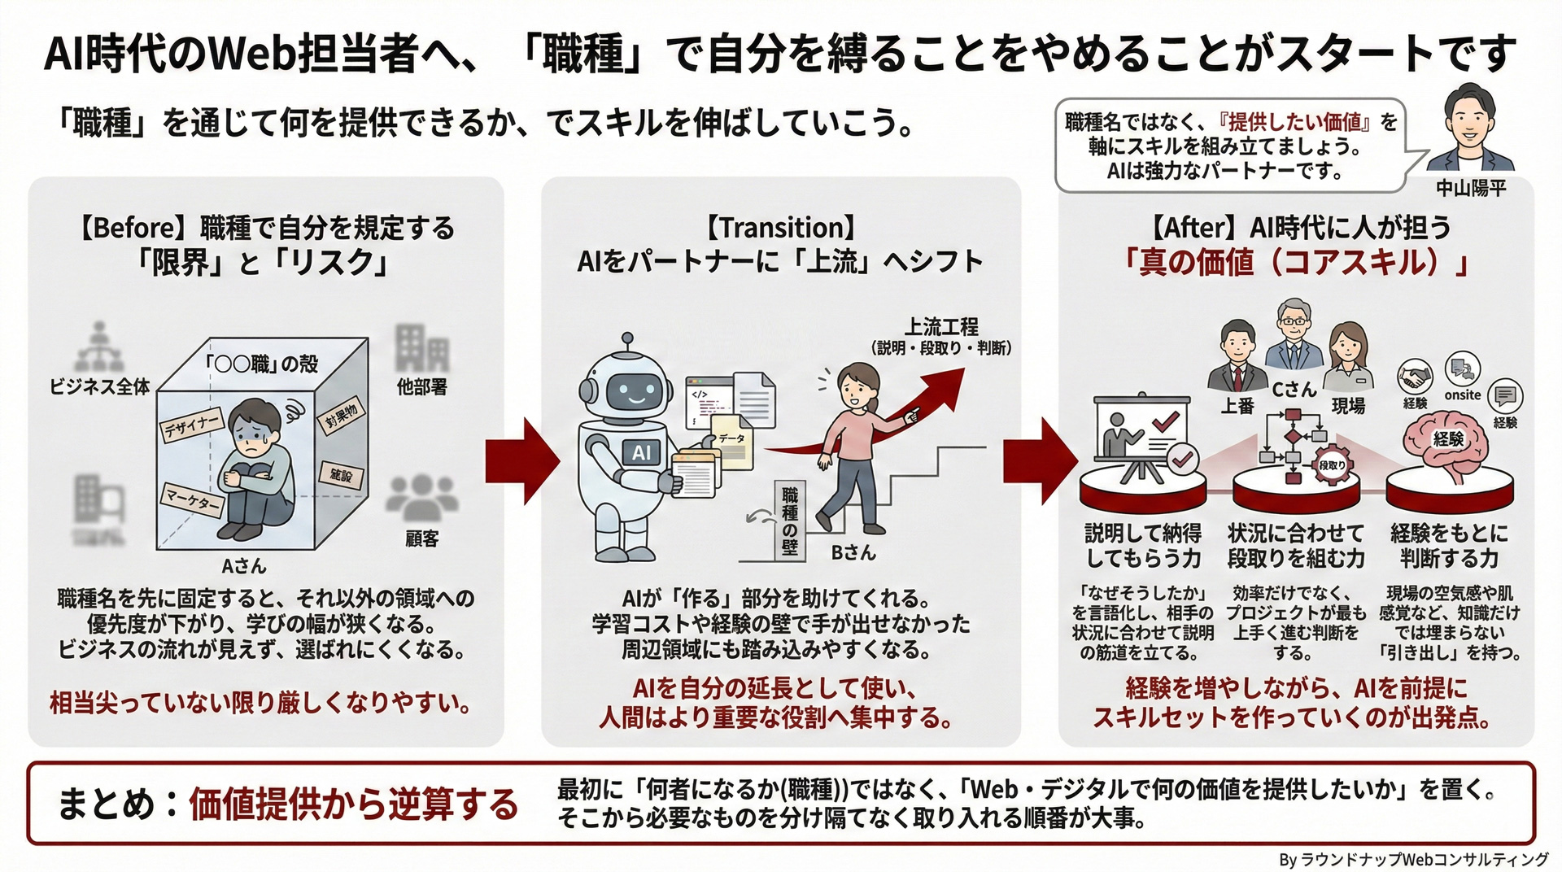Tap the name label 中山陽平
1471,189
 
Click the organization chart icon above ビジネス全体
99,347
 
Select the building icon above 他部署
421,349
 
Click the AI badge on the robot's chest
642,453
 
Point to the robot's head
626,387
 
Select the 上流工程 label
941,327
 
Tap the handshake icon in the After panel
1415,377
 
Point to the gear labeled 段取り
1332,465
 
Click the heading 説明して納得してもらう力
1143,546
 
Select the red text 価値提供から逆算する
353,804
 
